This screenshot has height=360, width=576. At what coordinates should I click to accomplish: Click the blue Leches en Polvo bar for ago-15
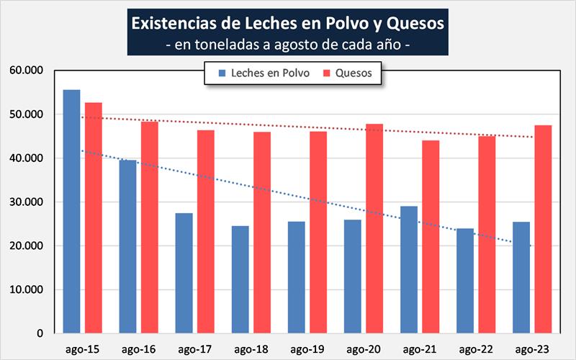point(71,212)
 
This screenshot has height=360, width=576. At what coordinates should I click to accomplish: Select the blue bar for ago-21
point(408,270)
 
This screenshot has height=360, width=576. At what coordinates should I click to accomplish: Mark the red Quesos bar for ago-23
point(543,230)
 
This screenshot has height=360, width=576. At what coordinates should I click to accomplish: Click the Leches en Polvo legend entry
point(265,73)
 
